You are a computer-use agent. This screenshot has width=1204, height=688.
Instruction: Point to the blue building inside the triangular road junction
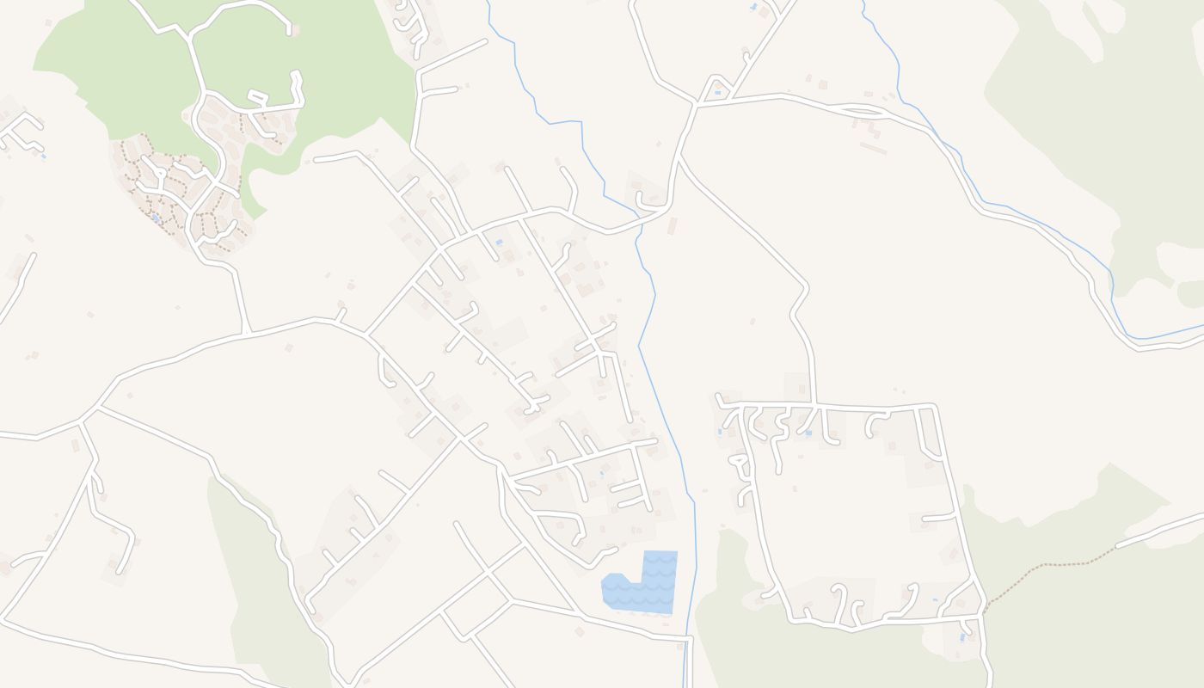(x=717, y=92)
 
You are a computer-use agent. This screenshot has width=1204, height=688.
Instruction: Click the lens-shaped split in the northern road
(x=863, y=110)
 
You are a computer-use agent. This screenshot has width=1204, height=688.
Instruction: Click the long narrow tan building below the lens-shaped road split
(x=873, y=148)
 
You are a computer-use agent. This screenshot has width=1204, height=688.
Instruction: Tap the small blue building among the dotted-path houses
(x=155, y=218)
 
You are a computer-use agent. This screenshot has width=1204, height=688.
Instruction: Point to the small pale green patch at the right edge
(x=1191, y=294)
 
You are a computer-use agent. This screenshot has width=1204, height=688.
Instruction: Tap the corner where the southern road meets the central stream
(x=689, y=639)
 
